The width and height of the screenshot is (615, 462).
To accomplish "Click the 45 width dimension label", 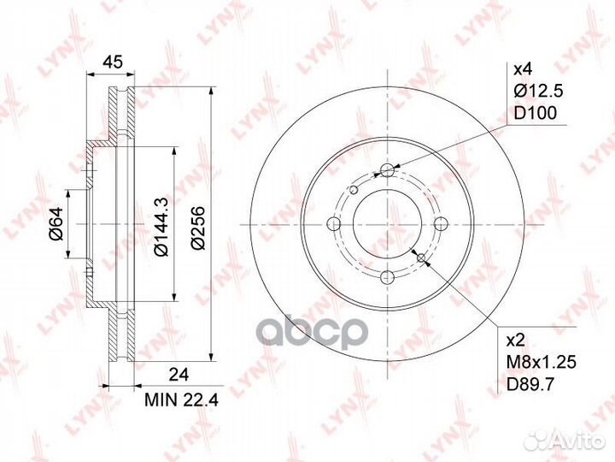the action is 112,62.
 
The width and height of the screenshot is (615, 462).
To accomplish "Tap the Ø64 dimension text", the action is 56,224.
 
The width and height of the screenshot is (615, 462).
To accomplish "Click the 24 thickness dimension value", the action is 179,375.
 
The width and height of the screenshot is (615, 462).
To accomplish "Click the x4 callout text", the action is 523,70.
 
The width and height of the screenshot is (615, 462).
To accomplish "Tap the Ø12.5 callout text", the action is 538,92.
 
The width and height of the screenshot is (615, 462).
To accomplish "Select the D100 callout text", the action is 535,113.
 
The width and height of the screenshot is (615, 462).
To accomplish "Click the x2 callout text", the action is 516,341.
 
